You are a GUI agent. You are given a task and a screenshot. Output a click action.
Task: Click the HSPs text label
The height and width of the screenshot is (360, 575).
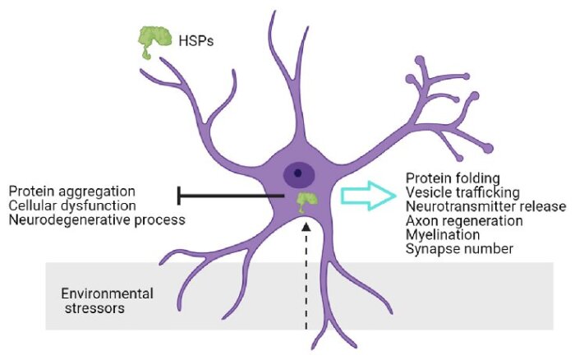pos(195,41)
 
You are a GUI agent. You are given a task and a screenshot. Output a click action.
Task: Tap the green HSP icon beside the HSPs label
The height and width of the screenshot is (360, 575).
pos(154,39)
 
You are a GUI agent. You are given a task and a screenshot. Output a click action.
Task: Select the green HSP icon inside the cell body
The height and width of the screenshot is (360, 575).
pos(307,202)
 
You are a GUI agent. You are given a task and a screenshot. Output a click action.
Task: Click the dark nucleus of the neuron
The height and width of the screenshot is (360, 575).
pos(299,173)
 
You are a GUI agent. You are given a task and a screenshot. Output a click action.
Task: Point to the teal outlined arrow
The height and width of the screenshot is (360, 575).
pos(369,196)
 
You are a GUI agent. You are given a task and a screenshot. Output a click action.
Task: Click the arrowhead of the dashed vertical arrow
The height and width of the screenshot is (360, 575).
pos(306,228)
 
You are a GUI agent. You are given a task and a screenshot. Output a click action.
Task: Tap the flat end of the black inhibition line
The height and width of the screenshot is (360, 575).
pos(178,196)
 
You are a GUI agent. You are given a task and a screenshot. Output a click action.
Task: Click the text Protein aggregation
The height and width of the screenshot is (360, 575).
pos(72,192)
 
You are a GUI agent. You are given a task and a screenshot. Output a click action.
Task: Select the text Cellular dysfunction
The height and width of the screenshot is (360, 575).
pos(72,205)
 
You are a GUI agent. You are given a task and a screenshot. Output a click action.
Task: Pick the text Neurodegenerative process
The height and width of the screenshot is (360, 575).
pos(97,219)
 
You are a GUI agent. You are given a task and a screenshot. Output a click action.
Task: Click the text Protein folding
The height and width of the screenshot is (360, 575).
pos(453,178)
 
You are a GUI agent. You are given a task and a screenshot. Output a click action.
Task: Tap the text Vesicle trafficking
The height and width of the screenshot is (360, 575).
pos(462,192)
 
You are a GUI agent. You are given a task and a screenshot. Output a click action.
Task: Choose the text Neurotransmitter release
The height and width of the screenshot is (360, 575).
pos(486,206)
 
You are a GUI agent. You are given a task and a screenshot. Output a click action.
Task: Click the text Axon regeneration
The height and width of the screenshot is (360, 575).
pos(464,220)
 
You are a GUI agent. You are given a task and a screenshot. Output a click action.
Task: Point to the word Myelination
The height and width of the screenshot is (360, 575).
pos(443,234)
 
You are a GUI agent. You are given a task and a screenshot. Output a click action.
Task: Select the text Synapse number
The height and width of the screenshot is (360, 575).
pos(459,249)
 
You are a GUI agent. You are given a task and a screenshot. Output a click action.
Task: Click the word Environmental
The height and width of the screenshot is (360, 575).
pos(107,293)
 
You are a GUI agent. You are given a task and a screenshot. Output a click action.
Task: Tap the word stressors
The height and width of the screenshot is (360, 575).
pos(94,308)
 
